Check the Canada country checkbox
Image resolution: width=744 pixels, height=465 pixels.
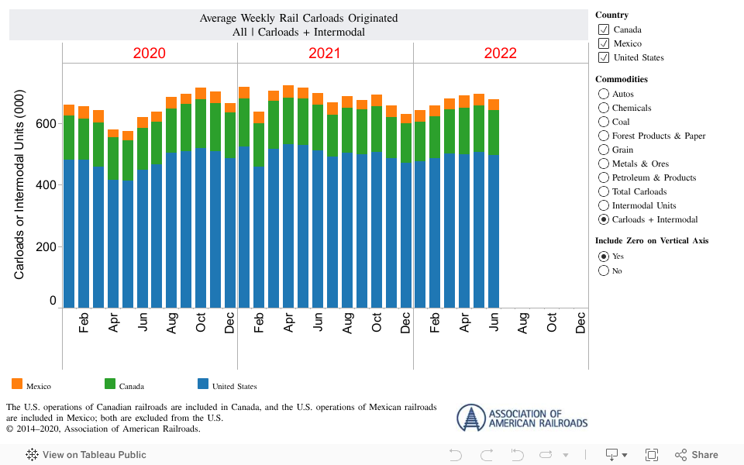(604, 29)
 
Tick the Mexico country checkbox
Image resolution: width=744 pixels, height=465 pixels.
(604, 43)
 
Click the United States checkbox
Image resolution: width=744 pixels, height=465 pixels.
(604, 57)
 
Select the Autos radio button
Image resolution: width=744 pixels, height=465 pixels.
(604, 94)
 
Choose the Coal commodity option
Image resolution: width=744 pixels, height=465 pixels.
(604, 122)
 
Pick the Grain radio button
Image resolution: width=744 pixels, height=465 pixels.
(604, 150)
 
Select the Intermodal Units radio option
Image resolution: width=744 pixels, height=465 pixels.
(604, 205)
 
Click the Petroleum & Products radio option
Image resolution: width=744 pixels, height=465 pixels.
(604, 177)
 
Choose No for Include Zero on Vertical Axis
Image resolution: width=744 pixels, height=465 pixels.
(604, 270)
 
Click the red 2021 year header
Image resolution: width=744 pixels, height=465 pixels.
(325, 53)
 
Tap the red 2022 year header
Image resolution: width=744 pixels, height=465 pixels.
(500, 53)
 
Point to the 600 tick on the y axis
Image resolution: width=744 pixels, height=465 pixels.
(46, 123)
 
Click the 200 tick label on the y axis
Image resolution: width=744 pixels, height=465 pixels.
(46, 246)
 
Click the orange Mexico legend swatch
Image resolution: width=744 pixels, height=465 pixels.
(17, 384)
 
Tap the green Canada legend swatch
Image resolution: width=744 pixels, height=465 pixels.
(110, 384)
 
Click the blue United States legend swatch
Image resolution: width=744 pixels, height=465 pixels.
(203, 384)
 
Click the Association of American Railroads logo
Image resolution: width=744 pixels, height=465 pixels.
(522, 418)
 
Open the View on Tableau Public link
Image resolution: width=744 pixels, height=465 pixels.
(86, 455)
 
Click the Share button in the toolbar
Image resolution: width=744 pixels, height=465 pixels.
(696, 455)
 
